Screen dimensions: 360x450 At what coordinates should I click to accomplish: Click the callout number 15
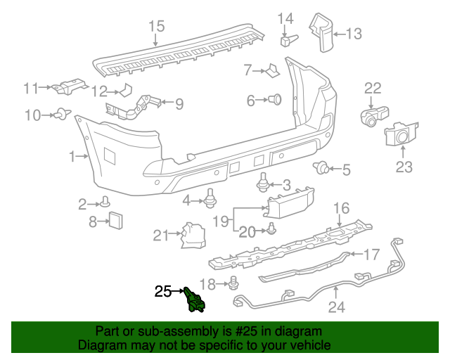[x=156, y=27]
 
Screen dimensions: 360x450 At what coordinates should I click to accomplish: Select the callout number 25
[x=163, y=290]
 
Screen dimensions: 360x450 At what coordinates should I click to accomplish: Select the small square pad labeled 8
[x=115, y=221]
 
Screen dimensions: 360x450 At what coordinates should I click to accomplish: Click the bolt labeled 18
[x=235, y=283]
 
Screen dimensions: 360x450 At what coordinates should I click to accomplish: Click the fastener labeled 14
[x=287, y=39]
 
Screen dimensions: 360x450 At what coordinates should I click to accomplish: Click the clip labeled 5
[x=323, y=167]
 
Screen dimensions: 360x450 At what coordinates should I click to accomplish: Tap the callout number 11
[x=30, y=89]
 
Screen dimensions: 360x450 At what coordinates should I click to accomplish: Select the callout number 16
[x=340, y=208]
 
